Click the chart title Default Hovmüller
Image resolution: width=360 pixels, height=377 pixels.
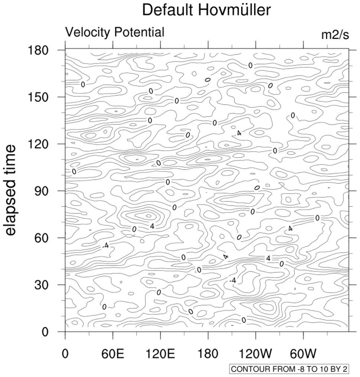pyautogui.click(x=207, y=10)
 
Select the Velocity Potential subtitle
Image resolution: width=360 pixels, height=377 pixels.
pyautogui.click(x=114, y=32)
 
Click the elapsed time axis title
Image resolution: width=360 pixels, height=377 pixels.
pyautogui.click(x=11, y=190)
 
